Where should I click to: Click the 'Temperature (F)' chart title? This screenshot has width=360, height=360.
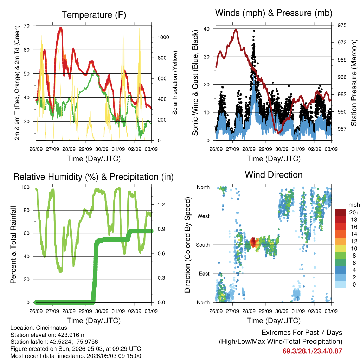tap(94, 15)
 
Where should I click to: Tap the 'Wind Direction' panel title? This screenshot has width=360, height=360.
tap(274, 175)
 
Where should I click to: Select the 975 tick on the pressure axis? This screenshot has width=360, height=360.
tap(342, 25)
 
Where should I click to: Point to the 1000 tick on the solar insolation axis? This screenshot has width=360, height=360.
tap(163, 37)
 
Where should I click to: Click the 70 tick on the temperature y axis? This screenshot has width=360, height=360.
tap(27, 26)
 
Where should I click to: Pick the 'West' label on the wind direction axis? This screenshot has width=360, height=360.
tap(203, 216)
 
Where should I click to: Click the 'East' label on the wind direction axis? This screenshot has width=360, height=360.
tap(204, 274)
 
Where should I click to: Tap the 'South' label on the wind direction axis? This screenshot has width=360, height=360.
tap(202, 245)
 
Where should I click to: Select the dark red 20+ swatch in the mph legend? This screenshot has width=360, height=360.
tap(340, 212)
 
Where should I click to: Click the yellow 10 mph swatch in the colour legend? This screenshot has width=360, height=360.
tap(340, 249)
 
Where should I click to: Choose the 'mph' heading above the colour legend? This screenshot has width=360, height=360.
tap(354, 205)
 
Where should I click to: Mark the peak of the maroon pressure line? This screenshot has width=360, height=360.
tap(236, 30)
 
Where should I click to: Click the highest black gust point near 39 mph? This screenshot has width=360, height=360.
tap(254, 31)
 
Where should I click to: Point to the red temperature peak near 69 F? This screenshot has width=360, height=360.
tap(60, 28)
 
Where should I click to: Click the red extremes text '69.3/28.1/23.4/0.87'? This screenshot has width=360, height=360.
tap(312, 351)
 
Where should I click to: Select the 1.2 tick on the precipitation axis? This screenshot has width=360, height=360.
tap(161, 205)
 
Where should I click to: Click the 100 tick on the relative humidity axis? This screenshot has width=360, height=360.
tap(25, 187)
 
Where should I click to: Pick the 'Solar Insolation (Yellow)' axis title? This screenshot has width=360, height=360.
tap(175, 83)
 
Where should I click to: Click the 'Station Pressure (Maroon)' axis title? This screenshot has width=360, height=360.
tap(354, 83)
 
